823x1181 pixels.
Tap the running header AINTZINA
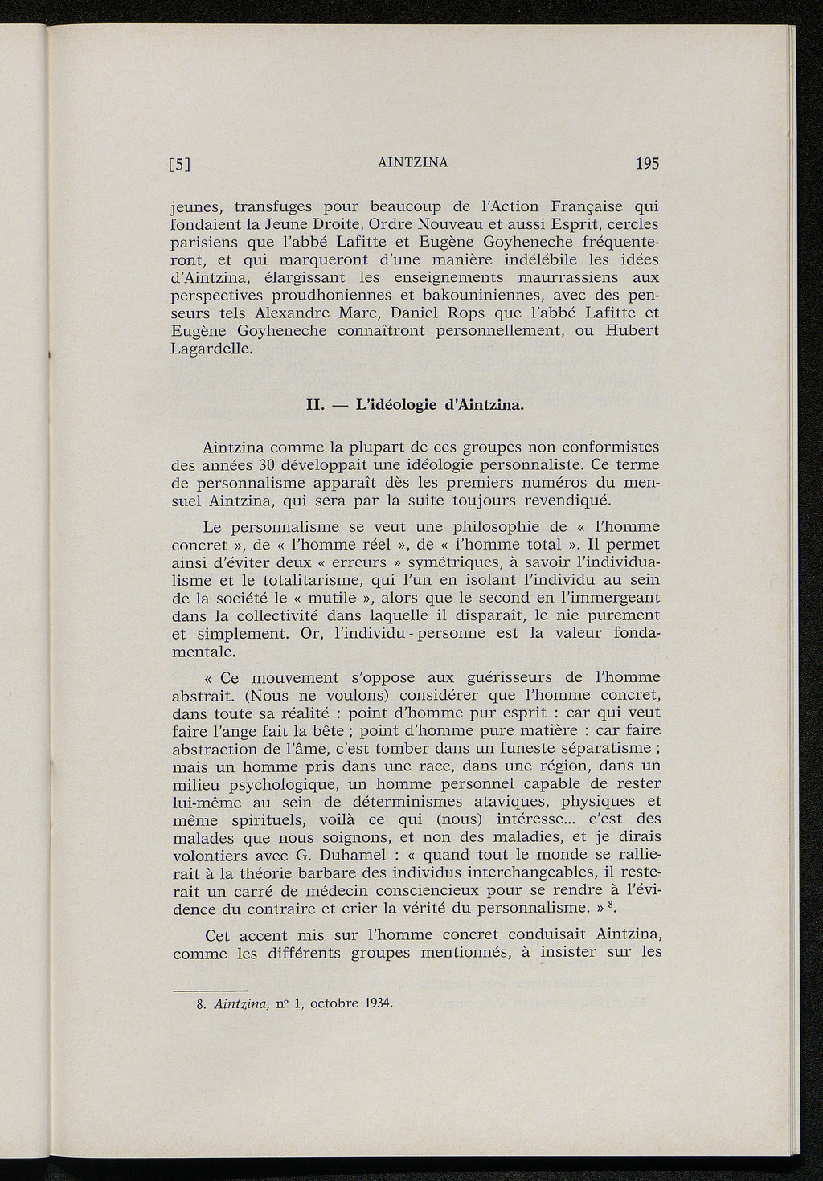coord(412,163)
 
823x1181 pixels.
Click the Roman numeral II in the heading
coord(316,404)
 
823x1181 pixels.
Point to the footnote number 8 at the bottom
coord(199,1003)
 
